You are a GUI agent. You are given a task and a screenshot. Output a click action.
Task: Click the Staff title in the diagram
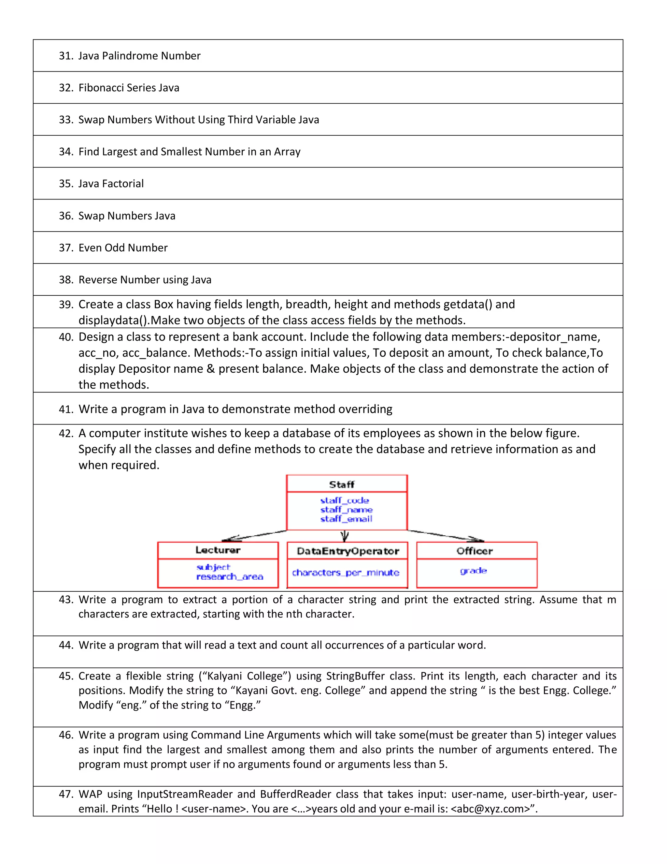tap(342, 484)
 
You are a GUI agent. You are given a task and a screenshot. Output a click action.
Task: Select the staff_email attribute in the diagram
tap(346, 519)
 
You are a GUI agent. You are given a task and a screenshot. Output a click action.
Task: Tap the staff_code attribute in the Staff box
tap(345, 500)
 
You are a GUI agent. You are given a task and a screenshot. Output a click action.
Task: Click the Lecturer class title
tap(218, 550)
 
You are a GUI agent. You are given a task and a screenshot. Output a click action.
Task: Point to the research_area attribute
tap(230, 577)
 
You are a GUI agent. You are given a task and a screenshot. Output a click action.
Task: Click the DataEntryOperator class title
tap(348, 551)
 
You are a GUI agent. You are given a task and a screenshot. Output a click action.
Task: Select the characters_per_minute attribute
tap(345, 573)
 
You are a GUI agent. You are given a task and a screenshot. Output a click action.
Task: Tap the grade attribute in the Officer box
tap(473, 571)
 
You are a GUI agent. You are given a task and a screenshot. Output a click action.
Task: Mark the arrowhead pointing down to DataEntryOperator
tap(345, 537)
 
